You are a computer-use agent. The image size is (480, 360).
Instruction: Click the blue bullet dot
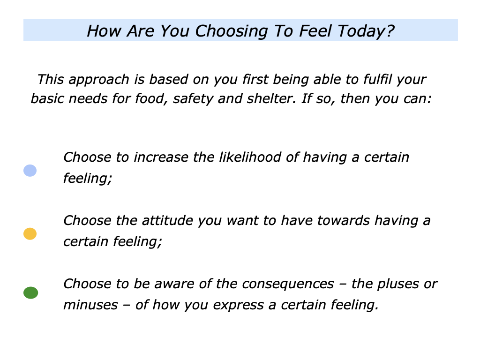tap(30, 171)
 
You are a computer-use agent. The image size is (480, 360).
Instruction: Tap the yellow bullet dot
tap(30, 233)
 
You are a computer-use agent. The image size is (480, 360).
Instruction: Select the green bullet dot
tap(30, 293)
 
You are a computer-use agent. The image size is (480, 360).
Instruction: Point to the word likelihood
tap(247, 157)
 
